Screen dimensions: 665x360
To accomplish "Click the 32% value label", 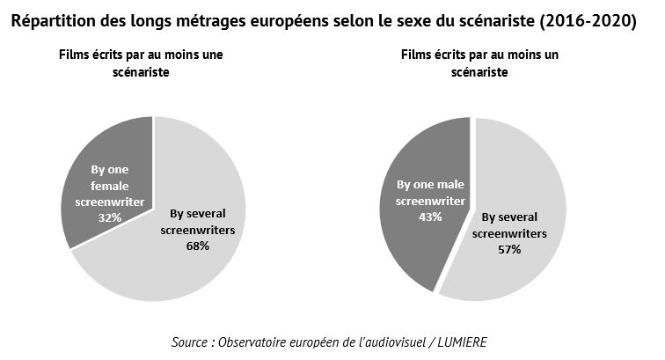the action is tap(110, 217).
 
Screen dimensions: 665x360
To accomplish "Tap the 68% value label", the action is tap(198, 246).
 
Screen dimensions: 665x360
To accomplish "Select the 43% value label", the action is tap(430, 217).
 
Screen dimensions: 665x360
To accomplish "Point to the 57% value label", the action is tap(509, 250).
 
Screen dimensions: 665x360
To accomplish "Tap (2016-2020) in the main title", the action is tap(588, 21).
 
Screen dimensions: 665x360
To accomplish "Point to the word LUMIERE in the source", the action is tap(463, 342).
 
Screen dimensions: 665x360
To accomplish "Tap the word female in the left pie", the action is tap(109, 186).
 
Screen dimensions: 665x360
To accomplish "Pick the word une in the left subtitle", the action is tap(213, 55).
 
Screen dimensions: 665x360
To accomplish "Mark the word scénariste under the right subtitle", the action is tap(479, 72).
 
